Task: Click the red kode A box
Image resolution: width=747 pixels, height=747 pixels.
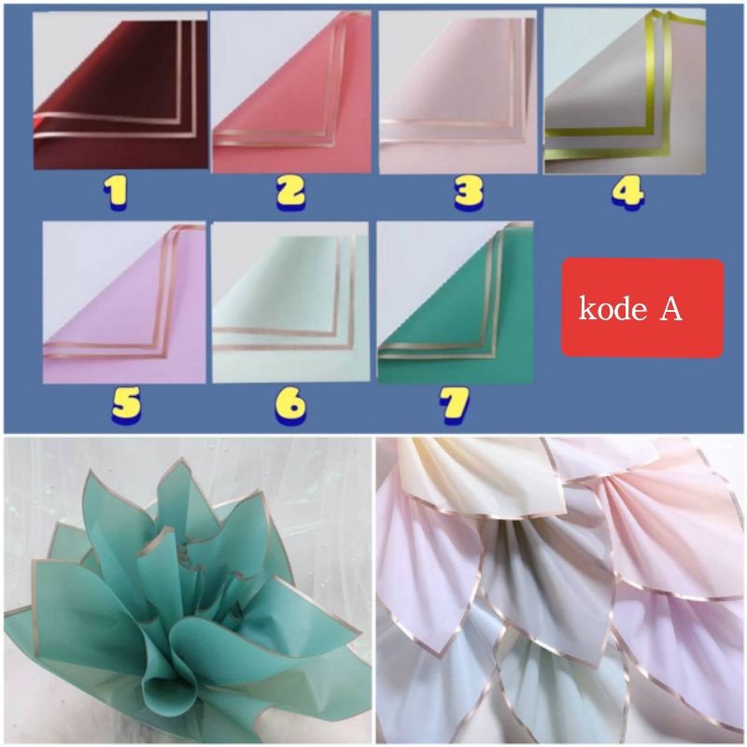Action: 642,308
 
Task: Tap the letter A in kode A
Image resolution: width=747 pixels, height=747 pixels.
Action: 671,309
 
